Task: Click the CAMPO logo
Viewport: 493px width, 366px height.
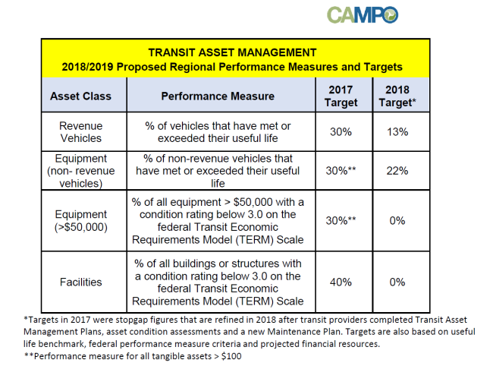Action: pos(363,14)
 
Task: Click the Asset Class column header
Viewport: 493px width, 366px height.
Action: pos(81,96)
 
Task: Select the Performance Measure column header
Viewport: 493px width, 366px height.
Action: pos(218,96)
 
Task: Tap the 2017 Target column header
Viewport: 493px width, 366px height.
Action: pos(341,96)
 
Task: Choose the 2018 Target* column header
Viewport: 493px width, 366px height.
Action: pos(397,96)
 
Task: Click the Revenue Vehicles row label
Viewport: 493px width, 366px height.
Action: pos(81,132)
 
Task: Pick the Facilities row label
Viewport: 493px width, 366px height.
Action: pos(81,282)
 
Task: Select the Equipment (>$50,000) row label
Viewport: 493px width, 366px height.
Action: pos(81,221)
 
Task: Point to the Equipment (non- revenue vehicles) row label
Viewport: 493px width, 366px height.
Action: pos(81,171)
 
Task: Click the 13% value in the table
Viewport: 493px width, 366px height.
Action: pos(397,132)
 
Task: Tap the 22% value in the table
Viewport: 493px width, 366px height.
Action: pos(397,171)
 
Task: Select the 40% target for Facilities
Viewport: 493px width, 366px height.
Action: pos(341,282)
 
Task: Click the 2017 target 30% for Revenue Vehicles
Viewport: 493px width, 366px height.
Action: pos(341,132)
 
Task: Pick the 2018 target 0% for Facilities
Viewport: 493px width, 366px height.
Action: pos(397,282)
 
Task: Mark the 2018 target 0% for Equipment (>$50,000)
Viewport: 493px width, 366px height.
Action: pos(397,221)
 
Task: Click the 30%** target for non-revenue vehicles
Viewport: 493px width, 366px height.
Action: pos(341,171)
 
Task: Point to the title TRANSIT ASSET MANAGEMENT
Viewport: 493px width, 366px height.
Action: pos(232,52)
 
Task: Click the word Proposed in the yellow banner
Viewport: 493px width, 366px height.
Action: pos(143,67)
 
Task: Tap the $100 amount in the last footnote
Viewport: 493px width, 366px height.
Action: pos(231,356)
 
